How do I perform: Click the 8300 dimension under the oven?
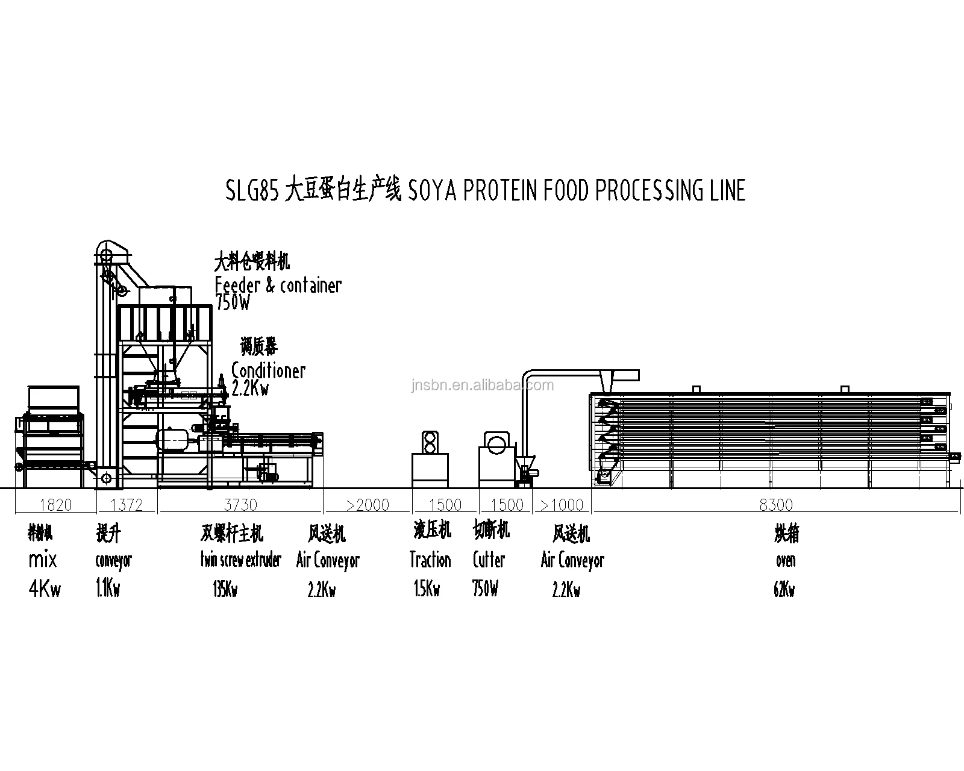click(776, 505)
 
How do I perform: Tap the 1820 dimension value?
click(55, 505)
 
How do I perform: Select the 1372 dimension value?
click(127, 505)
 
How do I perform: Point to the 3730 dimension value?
click(240, 505)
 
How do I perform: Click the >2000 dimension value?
click(368, 505)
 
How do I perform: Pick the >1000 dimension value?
click(562, 505)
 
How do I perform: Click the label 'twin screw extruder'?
click(241, 560)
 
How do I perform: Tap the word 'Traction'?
click(430, 560)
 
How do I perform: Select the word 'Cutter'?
click(489, 560)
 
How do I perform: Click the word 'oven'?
click(786, 560)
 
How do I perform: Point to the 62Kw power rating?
click(784, 590)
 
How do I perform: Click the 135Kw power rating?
click(225, 590)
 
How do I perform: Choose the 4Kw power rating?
click(45, 588)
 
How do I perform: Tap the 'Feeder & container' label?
click(278, 285)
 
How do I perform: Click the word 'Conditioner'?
click(269, 370)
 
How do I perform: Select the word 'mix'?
click(43, 560)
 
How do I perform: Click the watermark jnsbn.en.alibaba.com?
click(483, 385)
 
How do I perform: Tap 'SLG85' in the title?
click(251, 190)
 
